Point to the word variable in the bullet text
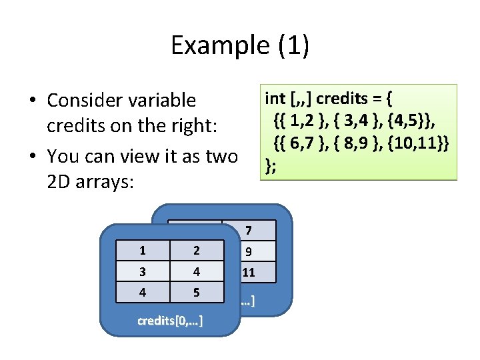165,100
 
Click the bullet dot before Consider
32,101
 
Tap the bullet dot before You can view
32,157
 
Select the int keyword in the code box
275,99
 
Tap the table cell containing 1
142,251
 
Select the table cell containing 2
197,251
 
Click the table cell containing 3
142,271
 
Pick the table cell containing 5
197,292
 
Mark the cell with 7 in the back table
249,231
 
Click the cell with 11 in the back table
249,272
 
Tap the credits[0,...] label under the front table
170,321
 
